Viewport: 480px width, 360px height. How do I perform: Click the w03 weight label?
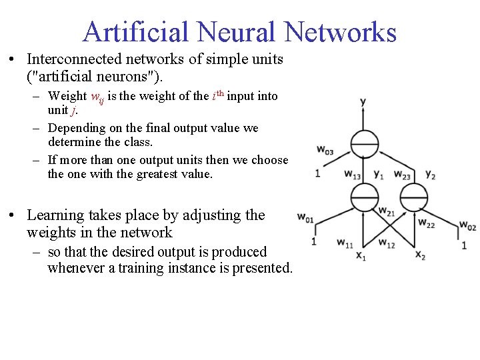(325, 151)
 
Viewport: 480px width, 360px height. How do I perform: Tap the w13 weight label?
(353, 175)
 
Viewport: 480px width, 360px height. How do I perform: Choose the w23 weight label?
(402, 175)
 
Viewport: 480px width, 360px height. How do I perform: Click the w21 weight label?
(387, 211)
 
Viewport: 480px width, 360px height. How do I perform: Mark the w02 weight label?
(467, 227)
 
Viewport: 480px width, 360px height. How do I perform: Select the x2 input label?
(420, 255)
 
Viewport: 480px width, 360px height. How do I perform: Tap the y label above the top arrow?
(363, 102)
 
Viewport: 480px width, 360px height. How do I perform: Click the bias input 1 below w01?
(313, 241)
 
